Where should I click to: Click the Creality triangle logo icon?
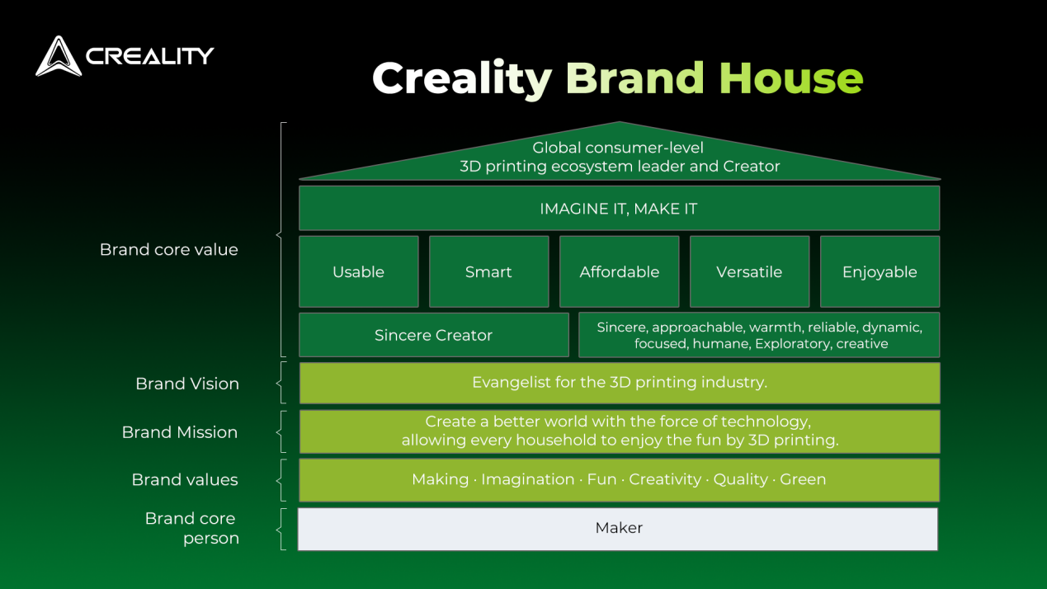(59, 56)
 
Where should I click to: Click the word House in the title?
(791, 78)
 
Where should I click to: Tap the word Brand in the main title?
(635, 78)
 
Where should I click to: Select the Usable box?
(359, 271)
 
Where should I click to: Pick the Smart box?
(489, 271)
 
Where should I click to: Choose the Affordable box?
(620, 271)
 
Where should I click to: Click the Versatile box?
(750, 271)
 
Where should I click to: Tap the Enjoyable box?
(880, 271)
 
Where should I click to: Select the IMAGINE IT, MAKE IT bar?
(620, 209)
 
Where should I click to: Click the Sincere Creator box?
(434, 335)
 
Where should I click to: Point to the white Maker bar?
(618, 529)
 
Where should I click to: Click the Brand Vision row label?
(187, 384)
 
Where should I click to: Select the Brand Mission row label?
(180, 432)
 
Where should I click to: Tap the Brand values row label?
(185, 480)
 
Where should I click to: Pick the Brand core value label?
(169, 250)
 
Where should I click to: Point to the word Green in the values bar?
(803, 479)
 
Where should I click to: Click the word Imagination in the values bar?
(528, 480)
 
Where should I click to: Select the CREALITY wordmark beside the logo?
(150, 56)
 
